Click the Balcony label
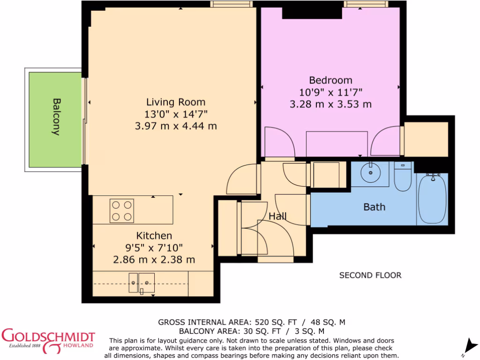(56, 117)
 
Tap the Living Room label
(176, 102)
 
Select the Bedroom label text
(330, 80)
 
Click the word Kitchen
(154, 236)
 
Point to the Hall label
(277, 217)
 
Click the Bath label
(375, 207)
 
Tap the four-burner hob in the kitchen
(122, 210)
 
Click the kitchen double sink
(142, 283)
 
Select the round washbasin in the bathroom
(370, 172)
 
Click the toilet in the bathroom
(403, 177)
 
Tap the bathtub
(432, 198)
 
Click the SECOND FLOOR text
(370, 275)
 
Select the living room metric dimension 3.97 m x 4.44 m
(176, 126)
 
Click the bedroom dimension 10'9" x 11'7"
(330, 92)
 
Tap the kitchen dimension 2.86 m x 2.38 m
(154, 260)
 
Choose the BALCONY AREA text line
(252, 331)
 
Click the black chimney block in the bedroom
(312, 13)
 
